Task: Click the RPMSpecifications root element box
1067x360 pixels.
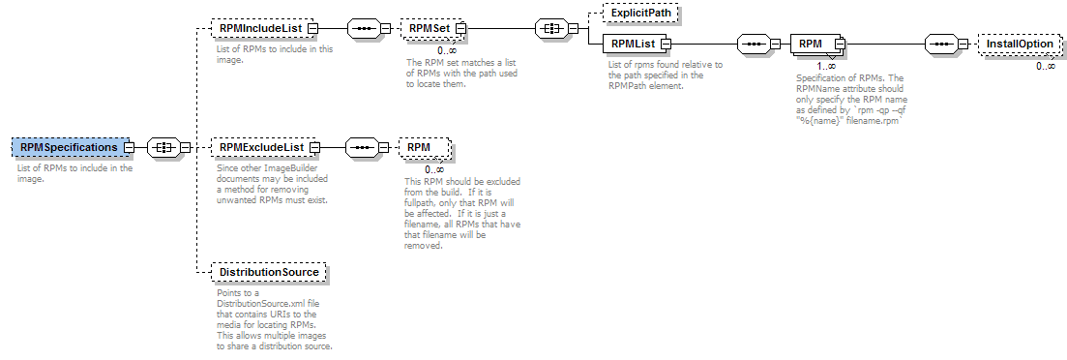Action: coord(70,147)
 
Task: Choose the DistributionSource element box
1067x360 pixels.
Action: coord(268,273)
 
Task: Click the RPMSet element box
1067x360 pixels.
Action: coord(429,29)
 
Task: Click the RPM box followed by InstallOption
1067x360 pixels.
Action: coord(812,44)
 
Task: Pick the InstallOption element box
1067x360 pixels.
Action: coord(1020,45)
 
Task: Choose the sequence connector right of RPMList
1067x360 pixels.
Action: coord(754,44)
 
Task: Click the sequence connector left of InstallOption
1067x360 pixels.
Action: coord(942,44)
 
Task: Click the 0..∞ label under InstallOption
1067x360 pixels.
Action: coord(1046,66)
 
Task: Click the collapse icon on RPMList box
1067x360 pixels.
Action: coord(665,44)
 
